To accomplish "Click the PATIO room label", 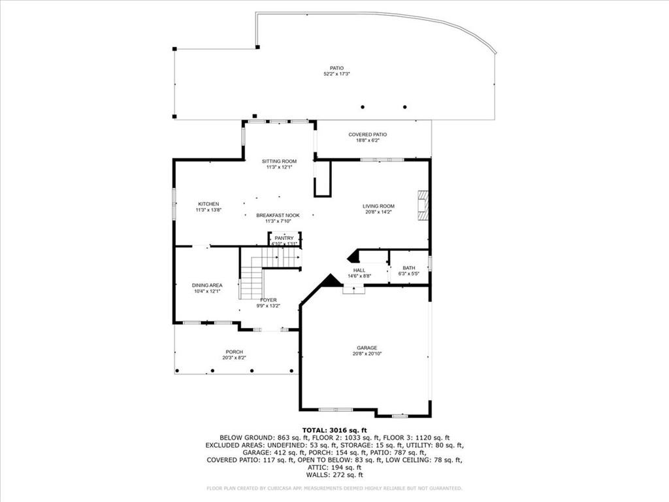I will pos(336,68).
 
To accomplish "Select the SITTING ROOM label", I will pos(279,161).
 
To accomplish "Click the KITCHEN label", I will pos(208,204).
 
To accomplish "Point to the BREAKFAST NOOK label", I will pos(278,215).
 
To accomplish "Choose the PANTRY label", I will pos(284,238).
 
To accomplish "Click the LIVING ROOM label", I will pos(378,207).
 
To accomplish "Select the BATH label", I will pos(408,268).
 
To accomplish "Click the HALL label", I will pos(359,270).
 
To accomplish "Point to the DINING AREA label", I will pos(207,285).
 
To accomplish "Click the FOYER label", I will pos(269,300).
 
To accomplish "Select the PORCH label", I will pos(235,352).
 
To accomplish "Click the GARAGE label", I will pos(367,348).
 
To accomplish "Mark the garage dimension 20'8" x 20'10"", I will pos(367,354).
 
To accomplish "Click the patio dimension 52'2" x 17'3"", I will pos(336,74).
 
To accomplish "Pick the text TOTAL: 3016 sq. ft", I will pos(334,430).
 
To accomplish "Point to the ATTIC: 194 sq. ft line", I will pos(334,467).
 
